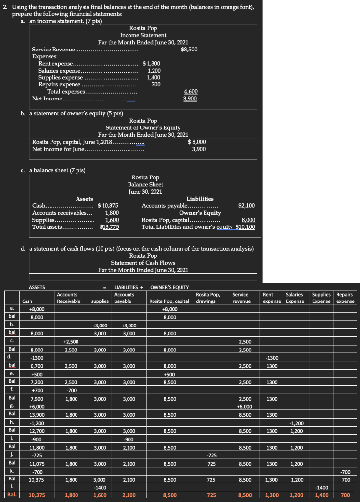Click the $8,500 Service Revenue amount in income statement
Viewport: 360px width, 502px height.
pyautogui.click(x=189, y=50)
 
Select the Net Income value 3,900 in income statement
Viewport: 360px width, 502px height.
pyautogui.click(x=190, y=99)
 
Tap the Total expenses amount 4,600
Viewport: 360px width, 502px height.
pyautogui.click(x=190, y=92)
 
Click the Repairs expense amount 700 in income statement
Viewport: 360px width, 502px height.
pyautogui.click(x=156, y=85)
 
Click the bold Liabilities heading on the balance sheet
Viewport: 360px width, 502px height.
pyautogui.click(x=200, y=199)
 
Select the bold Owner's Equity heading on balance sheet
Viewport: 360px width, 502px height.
pyautogui.click(x=200, y=213)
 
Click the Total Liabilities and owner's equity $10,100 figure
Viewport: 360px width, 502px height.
pyautogui.click(x=245, y=227)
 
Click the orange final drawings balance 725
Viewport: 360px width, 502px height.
pyautogui.click(x=212, y=495)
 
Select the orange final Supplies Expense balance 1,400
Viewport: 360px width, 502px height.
pyautogui.click(x=322, y=495)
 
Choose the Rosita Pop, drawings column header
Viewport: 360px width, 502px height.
pyautogui.click(x=207, y=298)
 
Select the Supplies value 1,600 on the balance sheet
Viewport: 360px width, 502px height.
pyautogui.click(x=112, y=220)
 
